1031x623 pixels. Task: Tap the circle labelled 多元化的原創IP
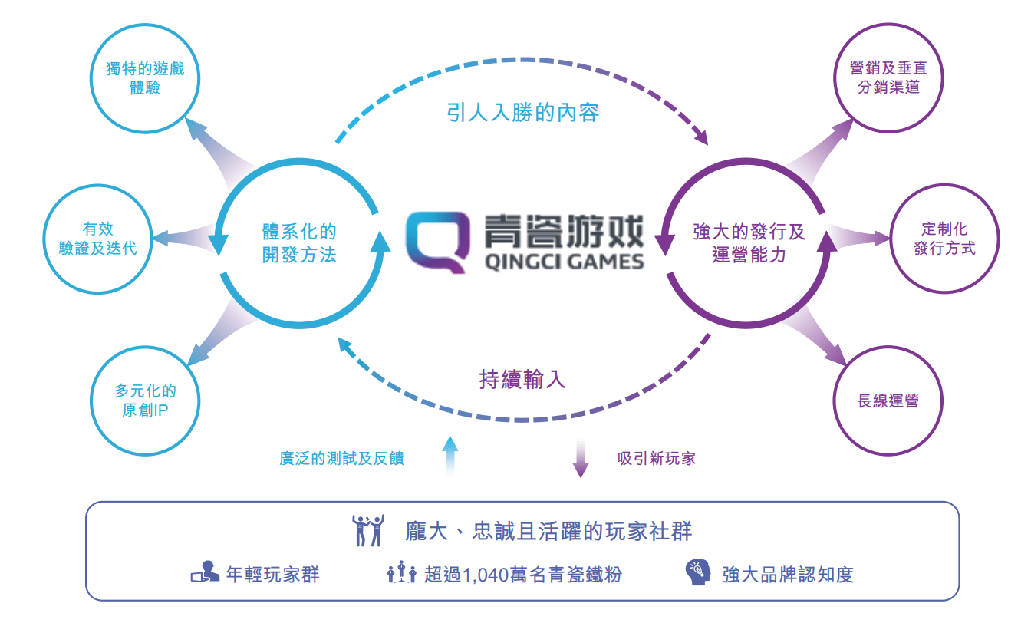coord(145,400)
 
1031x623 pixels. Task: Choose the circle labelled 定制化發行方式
coord(944,239)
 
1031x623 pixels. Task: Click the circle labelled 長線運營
coord(888,400)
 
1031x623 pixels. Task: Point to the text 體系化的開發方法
coord(299,243)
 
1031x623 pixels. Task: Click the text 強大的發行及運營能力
coord(749,243)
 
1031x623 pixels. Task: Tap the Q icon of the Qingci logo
coord(438,241)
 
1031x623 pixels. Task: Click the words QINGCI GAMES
coord(565,262)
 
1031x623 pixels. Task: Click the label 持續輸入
coord(522,379)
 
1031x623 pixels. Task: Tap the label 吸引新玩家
coord(657,459)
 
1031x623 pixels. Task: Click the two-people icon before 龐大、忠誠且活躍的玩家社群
coord(367,530)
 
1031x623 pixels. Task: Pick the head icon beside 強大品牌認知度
coord(697,573)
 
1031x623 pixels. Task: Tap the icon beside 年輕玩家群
coord(204,573)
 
